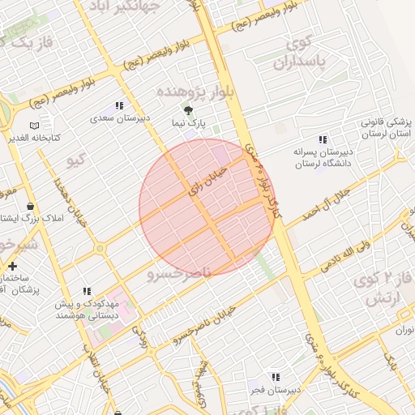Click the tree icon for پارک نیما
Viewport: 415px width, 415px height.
click(x=189, y=110)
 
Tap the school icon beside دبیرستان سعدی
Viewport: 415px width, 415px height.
click(x=120, y=105)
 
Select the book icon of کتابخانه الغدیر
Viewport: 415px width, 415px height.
click(x=33, y=126)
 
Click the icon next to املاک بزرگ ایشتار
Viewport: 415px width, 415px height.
click(x=31, y=206)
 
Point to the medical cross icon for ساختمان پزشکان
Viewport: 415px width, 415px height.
click(x=12, y=266)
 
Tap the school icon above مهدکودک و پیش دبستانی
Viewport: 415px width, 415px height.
click(x=87, y=291)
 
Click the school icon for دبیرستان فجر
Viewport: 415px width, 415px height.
click(x=276, y=377)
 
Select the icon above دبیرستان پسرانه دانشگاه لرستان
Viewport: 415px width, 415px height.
click(x=323, y=139)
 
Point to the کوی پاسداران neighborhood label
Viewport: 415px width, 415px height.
click(x=299, y=52)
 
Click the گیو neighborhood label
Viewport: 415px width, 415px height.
click(x=76, y=159)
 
